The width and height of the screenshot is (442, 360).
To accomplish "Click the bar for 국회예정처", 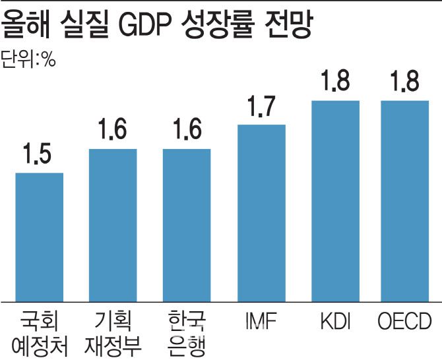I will pyautogui.click(x=39, y=236).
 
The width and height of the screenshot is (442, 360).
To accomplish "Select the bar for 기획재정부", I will pyautogui.click(x=113, y=224).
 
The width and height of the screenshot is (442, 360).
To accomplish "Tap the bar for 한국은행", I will pyautogui.click(x=187, y=224).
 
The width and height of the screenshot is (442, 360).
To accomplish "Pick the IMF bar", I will pyautogui.click(x=261, y=212).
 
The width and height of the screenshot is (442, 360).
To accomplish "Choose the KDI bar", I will pyautogui.click(x=335, y=200).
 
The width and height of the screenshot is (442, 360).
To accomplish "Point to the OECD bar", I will pyautogui.click(x=405, y=200).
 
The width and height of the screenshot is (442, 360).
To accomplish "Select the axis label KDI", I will pyautogui.click(x=335, y=322).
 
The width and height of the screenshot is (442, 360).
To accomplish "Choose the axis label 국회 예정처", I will pyautogui.click(x=40, y=333).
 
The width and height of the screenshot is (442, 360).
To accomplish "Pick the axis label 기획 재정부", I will pyautogui.click(x=113, y=333).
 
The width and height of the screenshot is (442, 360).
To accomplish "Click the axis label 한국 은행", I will pyautogui.click(x=187, y=333).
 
